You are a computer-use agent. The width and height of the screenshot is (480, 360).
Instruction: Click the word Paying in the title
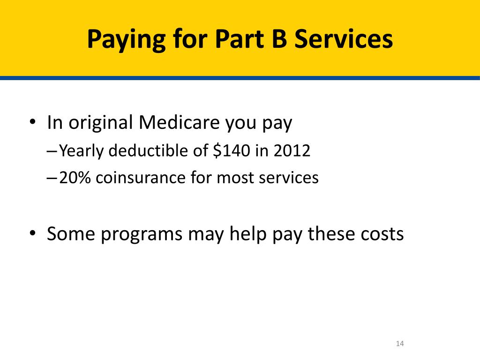(127, 40)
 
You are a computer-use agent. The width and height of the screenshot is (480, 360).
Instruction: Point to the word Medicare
(179, 122)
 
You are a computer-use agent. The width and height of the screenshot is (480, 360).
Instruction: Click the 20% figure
(75, 178)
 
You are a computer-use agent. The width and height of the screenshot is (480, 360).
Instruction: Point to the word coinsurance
(141, 178)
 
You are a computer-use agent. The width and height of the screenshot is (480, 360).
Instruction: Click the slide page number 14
(400, 344)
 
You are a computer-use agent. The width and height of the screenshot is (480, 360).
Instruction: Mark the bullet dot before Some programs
(33, 233)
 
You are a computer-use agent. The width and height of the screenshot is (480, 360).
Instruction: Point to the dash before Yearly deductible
(52, 151)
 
